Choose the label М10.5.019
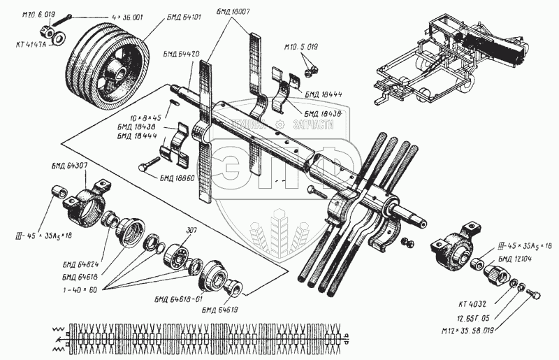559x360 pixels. coord(301,47)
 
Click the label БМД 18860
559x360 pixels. coord(175,178)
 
